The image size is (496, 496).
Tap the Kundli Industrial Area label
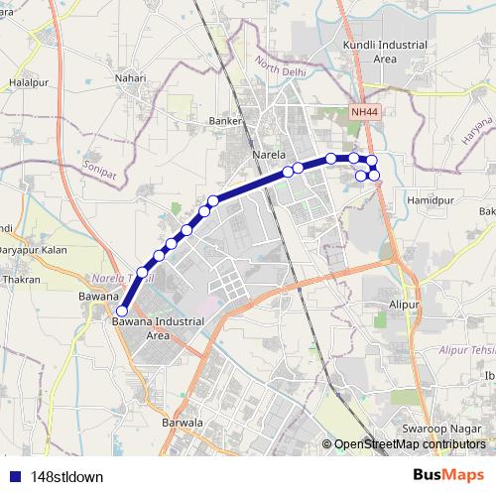pyautogui.click(x=369, y=53)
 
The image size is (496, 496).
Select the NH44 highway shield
pyautogui.click(x=364, y=113)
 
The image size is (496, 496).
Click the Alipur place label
pyautogui.click(x=405, y=304)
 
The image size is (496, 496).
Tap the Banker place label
pyautogui.click(x=226, y=122)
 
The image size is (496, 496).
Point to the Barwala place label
pyautogui.click(x=183, y=423)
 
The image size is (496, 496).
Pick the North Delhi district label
pyautogui.click(x=282, y=71)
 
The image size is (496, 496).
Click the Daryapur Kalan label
pyautogui.click(x=35, y=250)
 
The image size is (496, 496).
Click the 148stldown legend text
pyautogui.click(x=66, y=477)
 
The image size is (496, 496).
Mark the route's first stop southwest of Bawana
pyautogui.click(x=122, y=310)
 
